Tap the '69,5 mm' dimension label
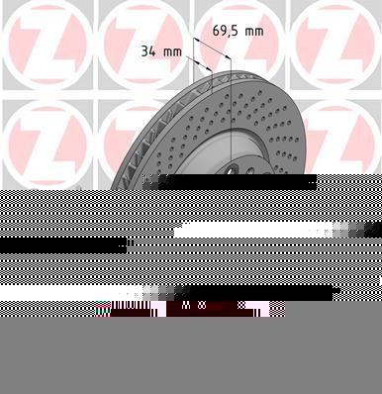click(239, 31)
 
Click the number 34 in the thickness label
click(147, 49)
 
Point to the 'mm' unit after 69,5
click(254, 31)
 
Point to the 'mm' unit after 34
click(172, 49)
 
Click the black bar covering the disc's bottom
click(238, 182)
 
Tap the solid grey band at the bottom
click(191, 356)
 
